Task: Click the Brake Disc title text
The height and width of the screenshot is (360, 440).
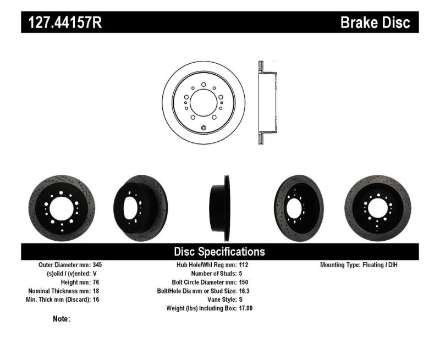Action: pyautogui.click(x=375, y=23)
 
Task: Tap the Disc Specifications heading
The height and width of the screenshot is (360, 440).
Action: pyautogui.click(x=219, y=252)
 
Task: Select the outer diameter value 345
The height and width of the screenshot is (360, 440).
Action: pyautogui.click(x=98, y=264)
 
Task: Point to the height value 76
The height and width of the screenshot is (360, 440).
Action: pyautogui.click(x=96, y=282)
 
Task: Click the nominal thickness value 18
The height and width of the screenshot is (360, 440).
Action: pyautogui.click(x=96, y=291)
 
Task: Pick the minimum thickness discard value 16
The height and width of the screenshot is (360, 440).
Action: pyautogui.click(x=96, y=300)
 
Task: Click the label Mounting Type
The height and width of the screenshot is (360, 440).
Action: pyautogui.click(x=344, y=264)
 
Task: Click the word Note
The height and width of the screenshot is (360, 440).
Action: pyautogui.click(x=62, y=318)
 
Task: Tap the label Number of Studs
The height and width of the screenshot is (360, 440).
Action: pyautogui.click(x=213, y=273)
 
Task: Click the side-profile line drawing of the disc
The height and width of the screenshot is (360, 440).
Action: pyautogui.click(x=267, y=102)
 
